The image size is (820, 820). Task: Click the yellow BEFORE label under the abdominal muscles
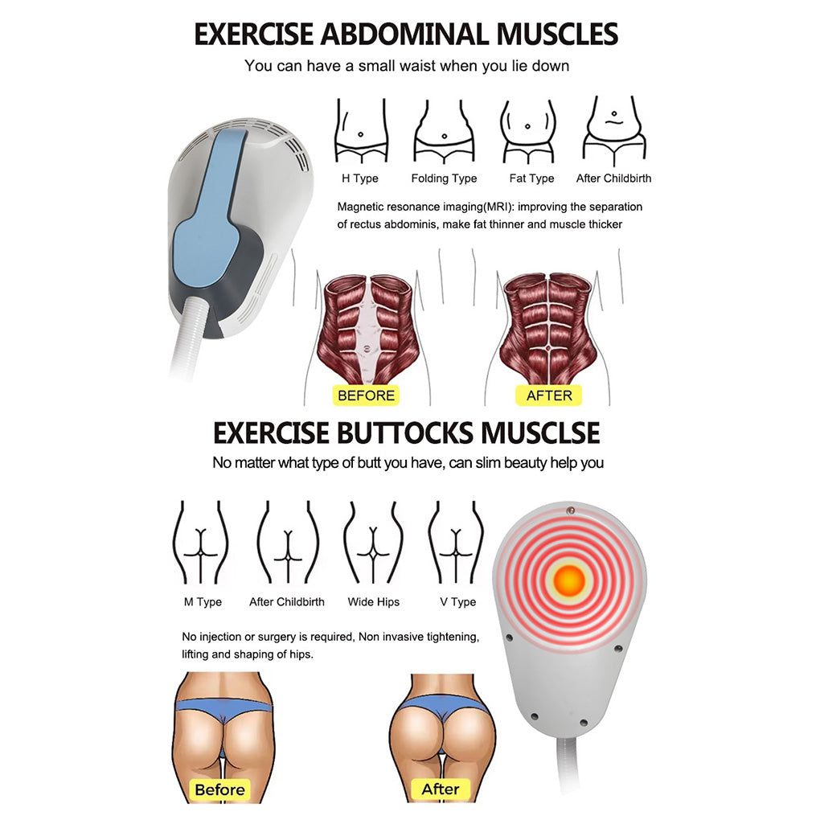366,396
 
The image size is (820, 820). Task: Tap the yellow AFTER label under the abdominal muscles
548,396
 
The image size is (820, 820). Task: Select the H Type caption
360,178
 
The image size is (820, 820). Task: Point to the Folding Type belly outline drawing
444,132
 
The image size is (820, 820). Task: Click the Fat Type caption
531,178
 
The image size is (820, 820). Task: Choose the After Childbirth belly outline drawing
614,131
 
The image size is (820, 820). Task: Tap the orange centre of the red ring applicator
568,580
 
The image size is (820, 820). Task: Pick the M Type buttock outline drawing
201,542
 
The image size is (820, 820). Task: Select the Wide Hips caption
373,602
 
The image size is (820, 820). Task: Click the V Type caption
458,602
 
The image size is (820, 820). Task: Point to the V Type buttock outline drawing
456,542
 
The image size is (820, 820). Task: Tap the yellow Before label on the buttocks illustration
219,789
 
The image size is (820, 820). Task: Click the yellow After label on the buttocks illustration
441,789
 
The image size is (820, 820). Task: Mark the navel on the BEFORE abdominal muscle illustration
367,348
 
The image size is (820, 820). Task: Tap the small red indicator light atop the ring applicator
571,510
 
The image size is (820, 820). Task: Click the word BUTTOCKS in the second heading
405,433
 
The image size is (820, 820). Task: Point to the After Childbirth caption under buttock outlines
286,602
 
